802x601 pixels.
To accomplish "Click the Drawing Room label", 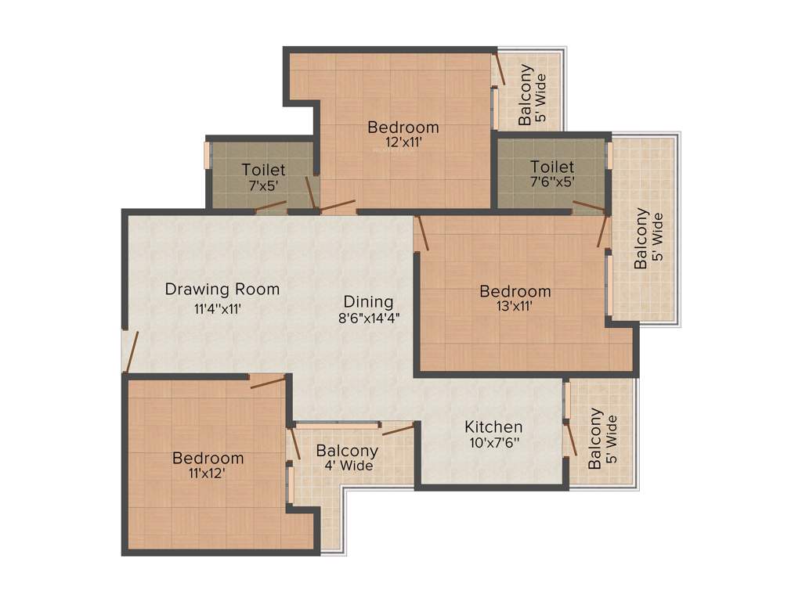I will pyautogui.click(x=222, y=289).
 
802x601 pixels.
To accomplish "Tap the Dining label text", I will pyautogui.click(x=368, y=301).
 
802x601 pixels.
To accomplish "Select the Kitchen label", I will pyautogui.click(x=493, y=426).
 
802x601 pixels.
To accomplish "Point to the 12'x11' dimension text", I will pyautogui.click(x=403, y=142).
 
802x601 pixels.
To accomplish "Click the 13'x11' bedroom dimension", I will pyautogui.click(x=515, y=306).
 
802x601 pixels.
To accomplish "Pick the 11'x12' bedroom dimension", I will pyautogui.click(x=208, y=473).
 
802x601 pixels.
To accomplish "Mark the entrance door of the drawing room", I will pyautogui.click(x=132, y=350).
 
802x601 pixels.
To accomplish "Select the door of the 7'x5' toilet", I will pyautogui.click(x=271, y=206).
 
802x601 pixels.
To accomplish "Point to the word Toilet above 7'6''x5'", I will pyautogui.click(x=552, y=167).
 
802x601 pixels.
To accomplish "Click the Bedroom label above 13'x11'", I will pyautogui.click(x=515, y=291).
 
